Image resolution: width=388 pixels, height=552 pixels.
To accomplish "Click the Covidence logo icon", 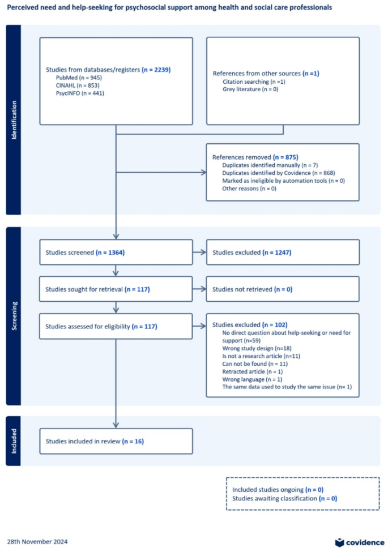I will tap(340, 542).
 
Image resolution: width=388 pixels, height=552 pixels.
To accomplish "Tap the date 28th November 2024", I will tap(37, 542).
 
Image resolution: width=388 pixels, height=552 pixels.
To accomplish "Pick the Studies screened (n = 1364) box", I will tap(116, 252).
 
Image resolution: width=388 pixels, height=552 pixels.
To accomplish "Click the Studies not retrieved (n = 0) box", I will tap(283, 289).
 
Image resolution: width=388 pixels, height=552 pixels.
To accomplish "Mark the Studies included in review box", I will tap(116, 441).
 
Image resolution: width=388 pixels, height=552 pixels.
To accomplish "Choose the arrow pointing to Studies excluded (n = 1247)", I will tap(199, 252).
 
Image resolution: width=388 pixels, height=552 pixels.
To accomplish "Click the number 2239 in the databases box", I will tap(159, 69).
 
